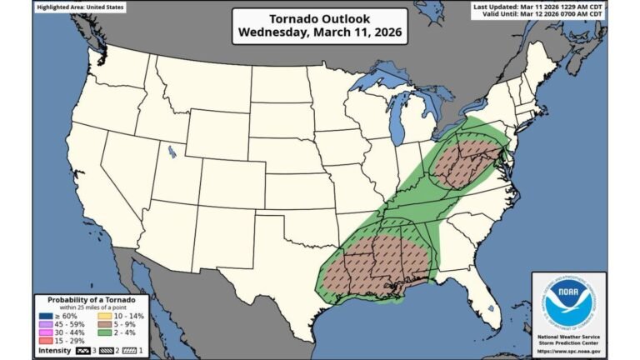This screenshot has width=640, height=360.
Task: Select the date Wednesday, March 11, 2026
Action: tap(319, 33)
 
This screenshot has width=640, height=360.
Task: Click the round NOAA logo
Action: tap(569, 302)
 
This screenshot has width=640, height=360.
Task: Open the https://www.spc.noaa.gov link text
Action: tap(569, 350)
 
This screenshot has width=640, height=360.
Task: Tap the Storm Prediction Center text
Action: tap(569, 341)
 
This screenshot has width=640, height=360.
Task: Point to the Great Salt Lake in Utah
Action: tap(172, 152)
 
